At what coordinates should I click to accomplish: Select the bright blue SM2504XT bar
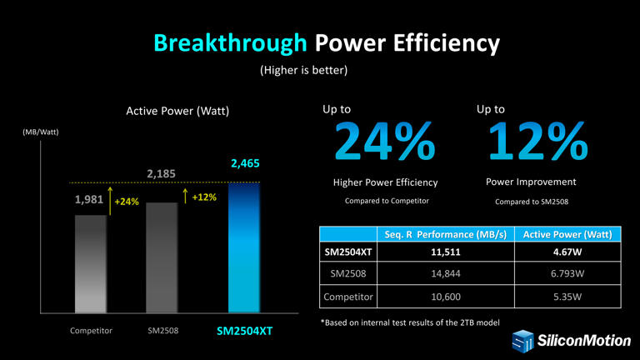(244, 250)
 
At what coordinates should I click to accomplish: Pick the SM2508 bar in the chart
(162, 258)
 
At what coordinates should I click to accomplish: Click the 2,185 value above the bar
(162, 173)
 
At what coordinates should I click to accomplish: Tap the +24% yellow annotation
(127, 202)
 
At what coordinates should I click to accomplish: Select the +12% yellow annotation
(204, 197)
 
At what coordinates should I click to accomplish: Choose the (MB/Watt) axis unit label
(40, 132)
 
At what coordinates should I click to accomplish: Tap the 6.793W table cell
(572, 273)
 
